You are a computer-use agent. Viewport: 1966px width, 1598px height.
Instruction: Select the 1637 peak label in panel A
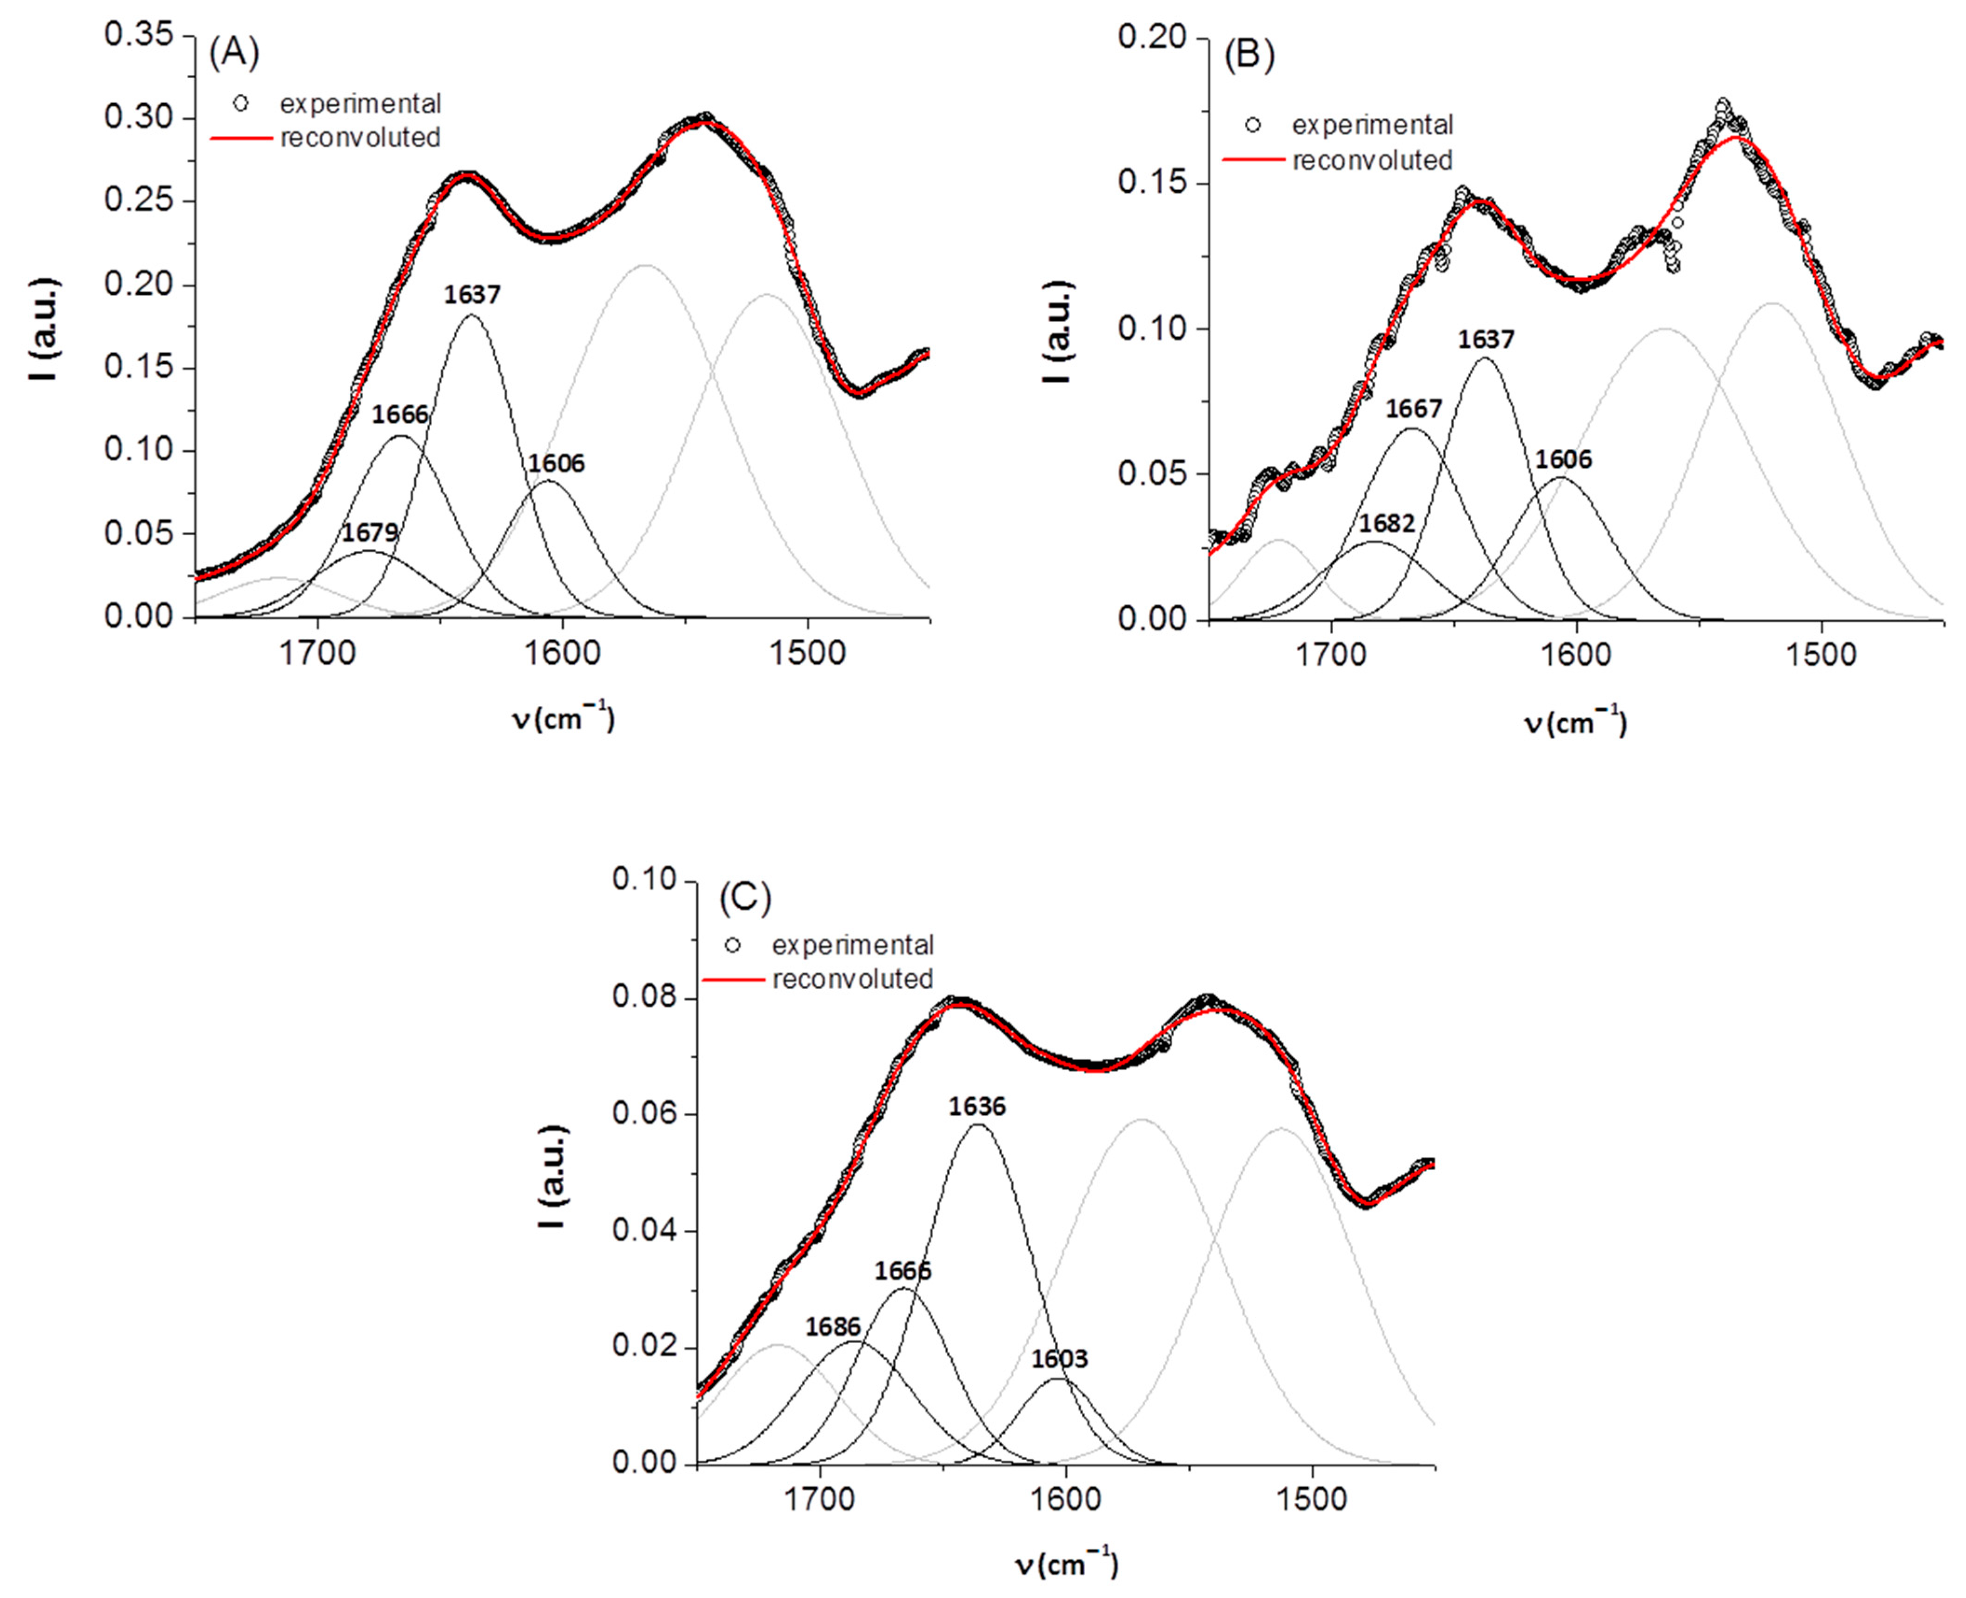pos(472,295)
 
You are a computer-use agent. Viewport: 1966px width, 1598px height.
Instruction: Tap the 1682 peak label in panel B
pos(1387,523)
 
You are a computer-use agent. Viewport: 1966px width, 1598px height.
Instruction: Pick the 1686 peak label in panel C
pos(832,1326)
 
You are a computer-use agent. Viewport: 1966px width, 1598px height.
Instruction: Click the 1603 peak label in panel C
pos(1058,1359)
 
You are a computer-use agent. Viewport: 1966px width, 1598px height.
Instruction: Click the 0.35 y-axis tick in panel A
pos(138,35)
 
